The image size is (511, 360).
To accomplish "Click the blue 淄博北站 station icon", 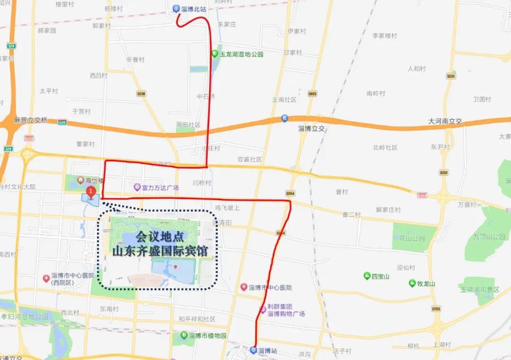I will coord(176,9).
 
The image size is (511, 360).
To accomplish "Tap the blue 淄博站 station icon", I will coord(254,351).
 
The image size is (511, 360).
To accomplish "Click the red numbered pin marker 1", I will coord(90,192).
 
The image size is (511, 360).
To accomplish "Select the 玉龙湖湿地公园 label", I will coord(241,54).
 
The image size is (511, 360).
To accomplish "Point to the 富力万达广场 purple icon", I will coord(137,187).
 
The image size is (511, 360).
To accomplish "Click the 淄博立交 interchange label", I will coord(313,129).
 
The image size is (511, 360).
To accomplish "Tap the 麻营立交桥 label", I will coord(31,120).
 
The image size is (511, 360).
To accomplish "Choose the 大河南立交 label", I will coord(445,122).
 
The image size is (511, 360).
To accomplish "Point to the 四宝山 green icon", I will coord(367,276).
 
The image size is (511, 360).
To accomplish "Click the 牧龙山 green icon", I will coord(412,283).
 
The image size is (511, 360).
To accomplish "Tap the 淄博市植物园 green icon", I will coord(184,335).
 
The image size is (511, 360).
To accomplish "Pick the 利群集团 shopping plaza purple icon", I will coord(263,310).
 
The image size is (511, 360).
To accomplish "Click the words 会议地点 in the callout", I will coord(159,237).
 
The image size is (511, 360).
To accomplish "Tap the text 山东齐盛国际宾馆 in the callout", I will coord(160,251).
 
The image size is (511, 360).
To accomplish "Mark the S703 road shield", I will coord(436,309).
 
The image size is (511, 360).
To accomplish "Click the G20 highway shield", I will coord(62,122).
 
